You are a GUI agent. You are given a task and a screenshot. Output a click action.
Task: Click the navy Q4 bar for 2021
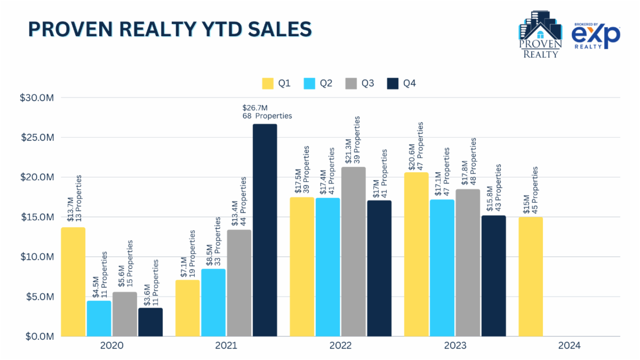(x=265, y=230)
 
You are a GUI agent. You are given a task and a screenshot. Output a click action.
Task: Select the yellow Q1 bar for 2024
(x=531, y=277)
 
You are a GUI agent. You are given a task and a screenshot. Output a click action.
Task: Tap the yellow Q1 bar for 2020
(x=73, y=282)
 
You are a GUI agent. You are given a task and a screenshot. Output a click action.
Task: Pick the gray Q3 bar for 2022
(x=354, y=252)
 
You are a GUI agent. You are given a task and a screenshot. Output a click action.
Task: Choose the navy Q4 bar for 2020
(x=150, y=322)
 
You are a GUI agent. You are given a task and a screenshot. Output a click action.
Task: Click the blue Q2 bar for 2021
(x=213, y=302)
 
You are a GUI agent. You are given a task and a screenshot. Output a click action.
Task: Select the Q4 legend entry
(x=403, y=84)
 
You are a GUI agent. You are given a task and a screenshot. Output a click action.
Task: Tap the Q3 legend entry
(x=361, y=84)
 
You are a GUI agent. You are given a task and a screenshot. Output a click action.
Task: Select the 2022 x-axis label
(x=340, y=346)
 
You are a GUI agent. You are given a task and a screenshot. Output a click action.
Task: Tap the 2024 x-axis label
(x=569, y=346)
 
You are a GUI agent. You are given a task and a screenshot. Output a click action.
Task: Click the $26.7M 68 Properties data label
(x=267, y=112)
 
